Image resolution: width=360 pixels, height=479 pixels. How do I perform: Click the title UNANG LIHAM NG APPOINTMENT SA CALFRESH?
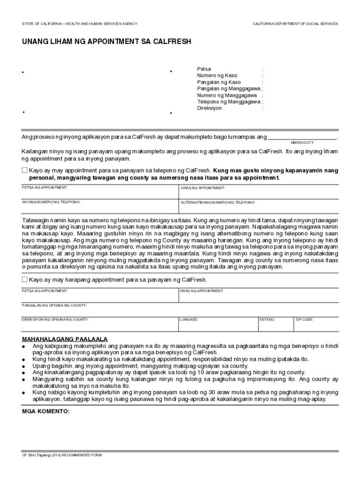click(x=106, y=42)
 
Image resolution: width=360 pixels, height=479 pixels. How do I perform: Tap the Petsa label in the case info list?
click(x=204, y=69)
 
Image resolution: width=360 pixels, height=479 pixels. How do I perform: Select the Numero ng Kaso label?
click(x=217, y=75)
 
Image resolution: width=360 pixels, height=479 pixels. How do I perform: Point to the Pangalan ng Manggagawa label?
click(x=229, y=88)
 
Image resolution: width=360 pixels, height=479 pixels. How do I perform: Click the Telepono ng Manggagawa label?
click(x=229, y=102)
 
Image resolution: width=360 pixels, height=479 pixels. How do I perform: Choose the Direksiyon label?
click(x=209, y=108)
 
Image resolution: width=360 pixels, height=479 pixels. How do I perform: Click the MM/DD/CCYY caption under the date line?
click(x=302, y=142)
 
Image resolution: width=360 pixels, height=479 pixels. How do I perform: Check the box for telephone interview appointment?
click(x=25, y=171)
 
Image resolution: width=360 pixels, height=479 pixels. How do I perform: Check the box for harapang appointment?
click(x=25, y=280)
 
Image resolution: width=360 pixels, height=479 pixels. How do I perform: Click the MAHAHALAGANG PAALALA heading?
click(x=65, y=339)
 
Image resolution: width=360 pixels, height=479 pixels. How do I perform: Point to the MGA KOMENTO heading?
click(x=46, y=412)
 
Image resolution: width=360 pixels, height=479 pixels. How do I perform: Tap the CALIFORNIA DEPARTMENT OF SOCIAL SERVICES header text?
click(x=295, y=24)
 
